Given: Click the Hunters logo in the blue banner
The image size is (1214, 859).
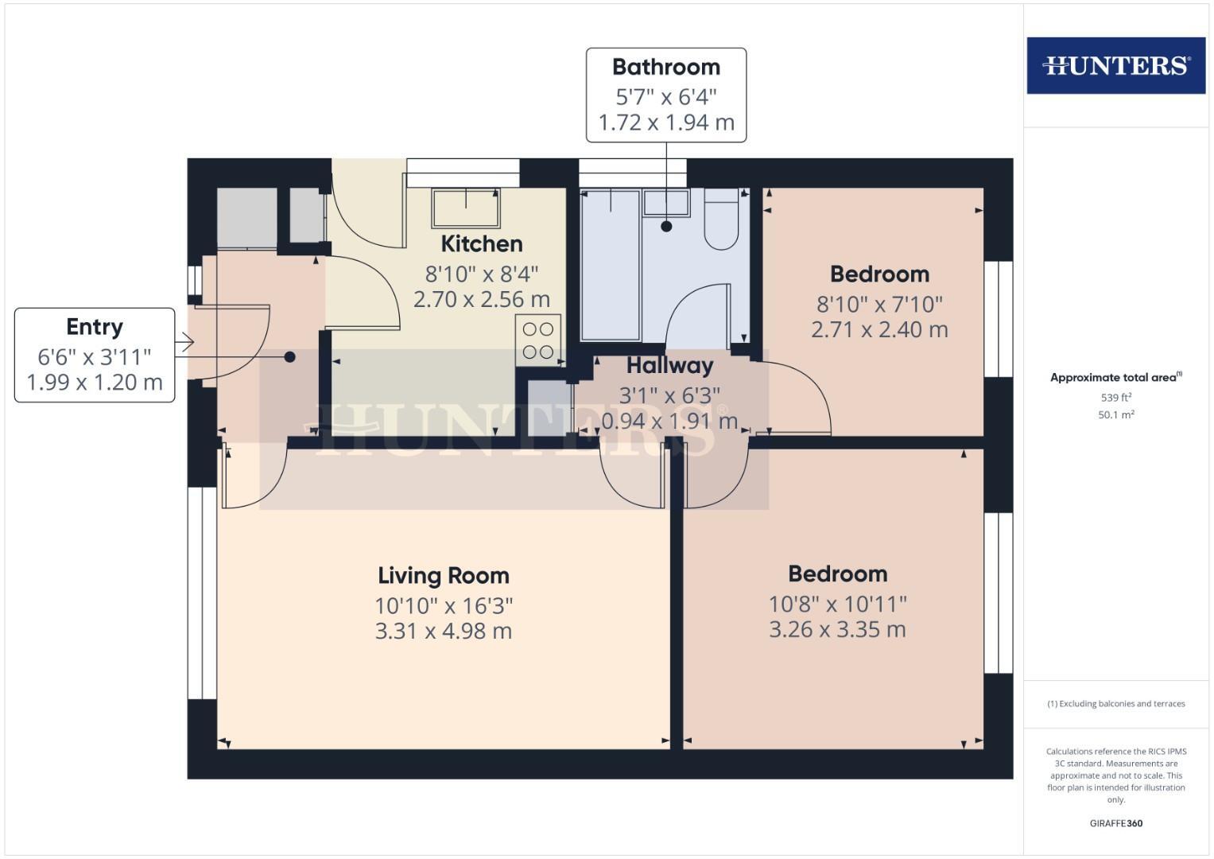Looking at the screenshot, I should (x=1115, y=65).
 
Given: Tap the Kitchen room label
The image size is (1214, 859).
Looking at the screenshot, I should (x=482, y=243).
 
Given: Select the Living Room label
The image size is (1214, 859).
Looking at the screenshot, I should (x=443, y=575).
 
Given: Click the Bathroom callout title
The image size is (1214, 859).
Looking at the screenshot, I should (x=666, y=67).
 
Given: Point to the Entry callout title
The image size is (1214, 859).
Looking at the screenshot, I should (x=95, y=327).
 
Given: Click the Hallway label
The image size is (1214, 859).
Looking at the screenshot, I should (x=669, y=366).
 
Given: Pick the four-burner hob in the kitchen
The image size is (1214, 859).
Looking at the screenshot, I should (x=538, y=340).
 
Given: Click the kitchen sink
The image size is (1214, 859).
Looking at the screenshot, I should (x=466, y=208).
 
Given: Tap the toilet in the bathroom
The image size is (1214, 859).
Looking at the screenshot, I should (x=721, y=220).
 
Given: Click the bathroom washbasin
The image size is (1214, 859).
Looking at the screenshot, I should (x=666, y=203).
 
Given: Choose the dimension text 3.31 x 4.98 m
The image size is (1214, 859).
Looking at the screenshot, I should (x=443, y=632).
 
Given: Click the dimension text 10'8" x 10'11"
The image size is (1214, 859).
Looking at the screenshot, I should (x=837, y=604).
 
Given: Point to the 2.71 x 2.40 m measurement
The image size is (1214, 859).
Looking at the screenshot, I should (x=879, y=329).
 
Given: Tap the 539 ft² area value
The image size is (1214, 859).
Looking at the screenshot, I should (x=1115, y=397).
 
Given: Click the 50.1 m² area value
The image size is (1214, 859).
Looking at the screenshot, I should (x=1115, y=414).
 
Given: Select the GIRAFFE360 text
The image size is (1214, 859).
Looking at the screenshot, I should (x=1115, y=823).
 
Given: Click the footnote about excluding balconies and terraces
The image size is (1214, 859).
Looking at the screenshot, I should (x=1115, y=704).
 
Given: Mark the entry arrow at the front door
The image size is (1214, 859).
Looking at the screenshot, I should (x=184, y=343).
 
